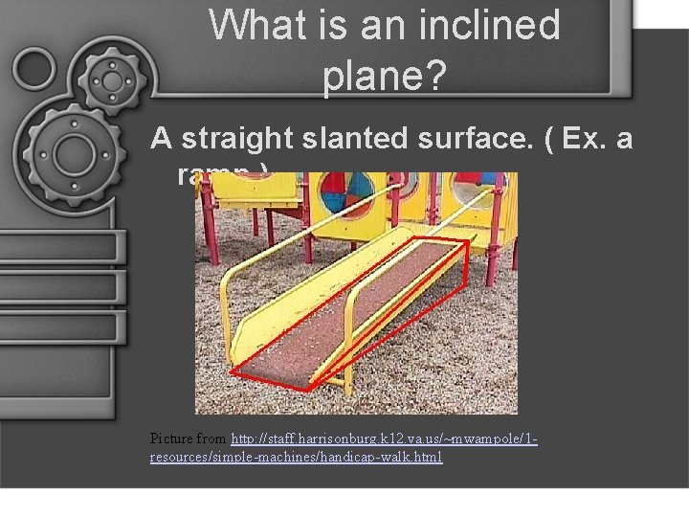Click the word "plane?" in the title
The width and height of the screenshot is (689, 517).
point(385,77)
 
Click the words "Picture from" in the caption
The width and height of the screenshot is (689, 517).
point(189,438)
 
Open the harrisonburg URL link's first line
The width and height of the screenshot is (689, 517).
point(384,438)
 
